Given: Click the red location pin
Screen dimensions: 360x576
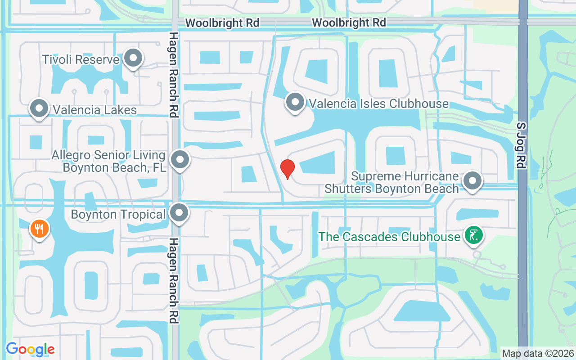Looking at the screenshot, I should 288,169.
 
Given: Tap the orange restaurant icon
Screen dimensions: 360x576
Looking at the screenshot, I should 40,229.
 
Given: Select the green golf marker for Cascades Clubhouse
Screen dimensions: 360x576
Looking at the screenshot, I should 473,235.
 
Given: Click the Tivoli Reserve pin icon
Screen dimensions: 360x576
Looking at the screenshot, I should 133,58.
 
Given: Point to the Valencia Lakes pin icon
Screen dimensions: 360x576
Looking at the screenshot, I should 39,108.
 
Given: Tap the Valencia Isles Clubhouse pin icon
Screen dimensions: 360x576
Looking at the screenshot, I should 295,102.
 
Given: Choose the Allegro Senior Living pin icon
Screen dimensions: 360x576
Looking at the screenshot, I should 180,159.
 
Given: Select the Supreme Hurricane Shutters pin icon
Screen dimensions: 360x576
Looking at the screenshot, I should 472,181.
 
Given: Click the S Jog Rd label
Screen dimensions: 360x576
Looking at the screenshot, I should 522,145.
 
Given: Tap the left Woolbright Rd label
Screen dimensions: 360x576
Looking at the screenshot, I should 222,23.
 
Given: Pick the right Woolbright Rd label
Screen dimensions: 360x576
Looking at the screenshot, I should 349,22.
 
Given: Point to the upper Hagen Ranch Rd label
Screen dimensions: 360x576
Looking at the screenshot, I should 174,74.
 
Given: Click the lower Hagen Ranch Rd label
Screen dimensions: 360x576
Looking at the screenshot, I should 174,281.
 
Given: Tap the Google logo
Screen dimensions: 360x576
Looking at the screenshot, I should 30,349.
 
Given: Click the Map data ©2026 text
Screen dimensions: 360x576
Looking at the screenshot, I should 538,353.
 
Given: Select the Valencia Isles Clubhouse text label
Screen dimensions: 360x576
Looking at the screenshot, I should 378,104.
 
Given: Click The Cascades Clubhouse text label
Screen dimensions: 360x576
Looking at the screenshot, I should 389,236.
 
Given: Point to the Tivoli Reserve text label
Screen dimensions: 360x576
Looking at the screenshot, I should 81,59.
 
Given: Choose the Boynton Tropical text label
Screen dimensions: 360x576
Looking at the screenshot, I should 118,214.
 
